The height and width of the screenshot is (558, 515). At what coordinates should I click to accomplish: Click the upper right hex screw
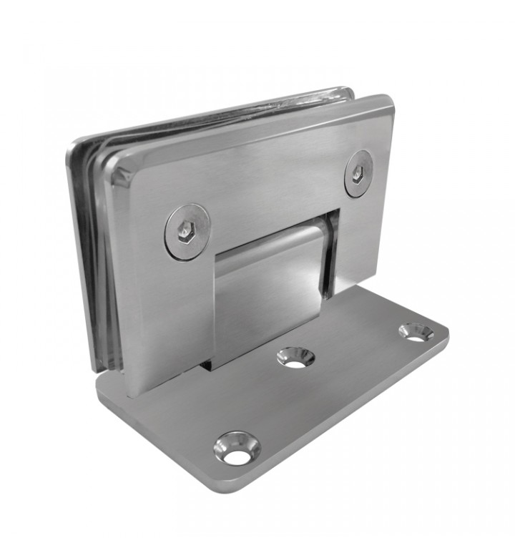coord(358,174)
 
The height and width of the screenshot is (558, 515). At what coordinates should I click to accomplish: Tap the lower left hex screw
coord(187,231)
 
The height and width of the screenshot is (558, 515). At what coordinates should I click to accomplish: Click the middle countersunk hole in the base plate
coord(295,357)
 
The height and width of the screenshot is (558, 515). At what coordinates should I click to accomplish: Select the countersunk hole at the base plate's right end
coord(416,331)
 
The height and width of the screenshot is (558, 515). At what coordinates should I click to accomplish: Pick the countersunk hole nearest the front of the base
coord(237,447)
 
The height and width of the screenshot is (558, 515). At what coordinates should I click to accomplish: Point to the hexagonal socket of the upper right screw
coord(358,173)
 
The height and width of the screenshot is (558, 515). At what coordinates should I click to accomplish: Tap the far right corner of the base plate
coord(446,331)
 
